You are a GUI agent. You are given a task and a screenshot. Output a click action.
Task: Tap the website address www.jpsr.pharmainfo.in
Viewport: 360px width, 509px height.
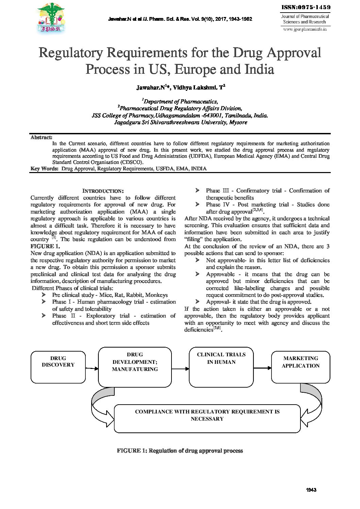305,29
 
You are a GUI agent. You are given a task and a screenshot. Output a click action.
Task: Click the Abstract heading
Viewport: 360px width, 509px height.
41,137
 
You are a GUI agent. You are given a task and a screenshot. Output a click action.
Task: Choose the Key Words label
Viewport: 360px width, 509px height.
44,169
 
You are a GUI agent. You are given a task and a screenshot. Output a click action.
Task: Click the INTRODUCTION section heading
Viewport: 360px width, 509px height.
103,191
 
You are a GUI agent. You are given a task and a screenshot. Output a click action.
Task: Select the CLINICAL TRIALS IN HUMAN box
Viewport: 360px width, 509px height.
221,367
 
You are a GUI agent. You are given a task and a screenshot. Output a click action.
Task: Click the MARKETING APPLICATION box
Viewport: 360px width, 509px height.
300,367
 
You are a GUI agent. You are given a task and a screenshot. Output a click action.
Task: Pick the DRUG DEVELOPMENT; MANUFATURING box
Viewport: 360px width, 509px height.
135,367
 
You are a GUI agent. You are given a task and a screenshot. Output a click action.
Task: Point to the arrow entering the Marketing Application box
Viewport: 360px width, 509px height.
262,368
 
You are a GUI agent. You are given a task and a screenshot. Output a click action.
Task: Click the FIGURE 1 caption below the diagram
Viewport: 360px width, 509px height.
180,451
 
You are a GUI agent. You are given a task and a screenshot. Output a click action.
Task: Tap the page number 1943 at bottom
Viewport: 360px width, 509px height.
311,490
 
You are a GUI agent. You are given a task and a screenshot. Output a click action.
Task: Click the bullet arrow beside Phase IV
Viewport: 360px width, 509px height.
197,204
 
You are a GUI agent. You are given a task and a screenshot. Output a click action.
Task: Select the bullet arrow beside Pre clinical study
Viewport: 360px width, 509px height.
44,295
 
